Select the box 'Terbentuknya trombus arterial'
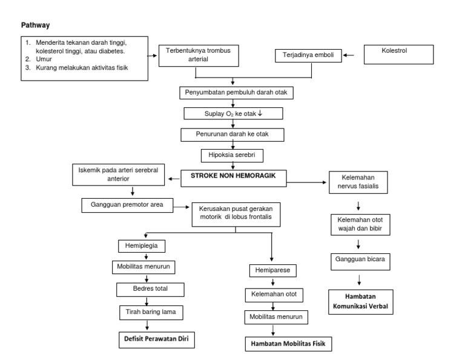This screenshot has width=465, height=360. coord(199,56)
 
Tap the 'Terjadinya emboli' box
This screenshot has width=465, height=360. coord(308,56)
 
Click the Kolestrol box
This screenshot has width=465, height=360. coord(398,53)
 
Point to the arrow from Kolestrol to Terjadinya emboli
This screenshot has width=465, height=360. coord(350,56)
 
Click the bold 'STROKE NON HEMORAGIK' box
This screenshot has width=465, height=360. coord(234,177)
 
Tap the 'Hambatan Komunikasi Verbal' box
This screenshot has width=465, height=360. coord(359,301)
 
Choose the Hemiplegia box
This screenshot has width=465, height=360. coord(142,247)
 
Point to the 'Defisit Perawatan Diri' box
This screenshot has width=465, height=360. coord(157,340)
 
